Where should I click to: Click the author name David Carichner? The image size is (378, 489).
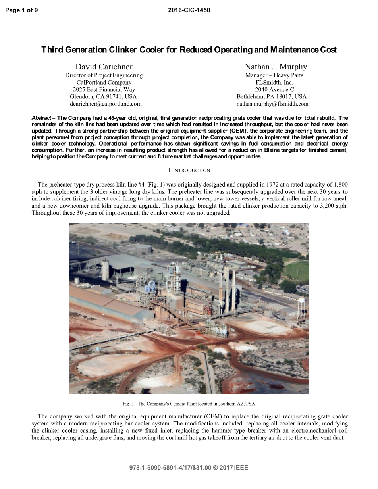104,67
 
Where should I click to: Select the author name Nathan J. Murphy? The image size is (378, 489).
276,67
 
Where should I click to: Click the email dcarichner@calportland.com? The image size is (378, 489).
106,104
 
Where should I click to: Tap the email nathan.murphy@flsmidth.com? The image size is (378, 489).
272,104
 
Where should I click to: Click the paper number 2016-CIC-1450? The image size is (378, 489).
189,10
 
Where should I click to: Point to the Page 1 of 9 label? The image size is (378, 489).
22,10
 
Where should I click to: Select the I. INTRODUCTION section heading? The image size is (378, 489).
189,171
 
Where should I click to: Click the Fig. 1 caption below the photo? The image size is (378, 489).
189,404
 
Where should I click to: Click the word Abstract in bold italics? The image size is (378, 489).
41,118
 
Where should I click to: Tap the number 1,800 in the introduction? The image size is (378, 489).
340,185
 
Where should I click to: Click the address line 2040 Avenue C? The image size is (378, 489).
274,90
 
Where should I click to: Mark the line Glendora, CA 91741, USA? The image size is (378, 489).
103,97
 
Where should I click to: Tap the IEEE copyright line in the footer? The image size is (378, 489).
189,468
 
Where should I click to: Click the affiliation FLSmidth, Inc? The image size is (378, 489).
274,83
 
